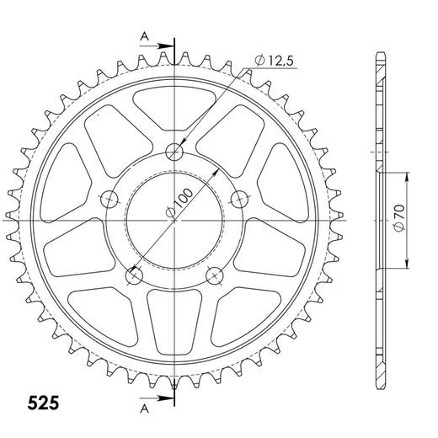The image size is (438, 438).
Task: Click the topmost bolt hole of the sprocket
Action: tap(174, 152)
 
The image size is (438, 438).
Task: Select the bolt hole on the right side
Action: tap(239, 198)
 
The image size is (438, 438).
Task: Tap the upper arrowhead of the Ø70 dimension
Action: tap(406, 176)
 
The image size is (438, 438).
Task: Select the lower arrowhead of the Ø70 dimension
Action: tap(406, 262)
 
